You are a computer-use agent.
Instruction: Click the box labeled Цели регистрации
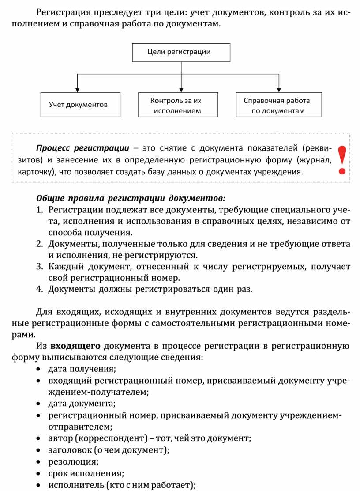click(x=181, y=52)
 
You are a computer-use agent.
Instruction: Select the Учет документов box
click(x=80, y=105)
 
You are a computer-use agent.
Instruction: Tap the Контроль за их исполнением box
click(x=178, y=105)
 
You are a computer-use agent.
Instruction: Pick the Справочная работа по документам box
click(x=279, y=105)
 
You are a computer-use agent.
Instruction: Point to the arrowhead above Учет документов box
click(x=78, y=89)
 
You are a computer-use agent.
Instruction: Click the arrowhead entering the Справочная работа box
click(x=279, y=89)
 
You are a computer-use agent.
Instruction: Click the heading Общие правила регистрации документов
click(x=131, y=197)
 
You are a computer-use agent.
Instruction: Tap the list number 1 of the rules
click(x=39, y=209)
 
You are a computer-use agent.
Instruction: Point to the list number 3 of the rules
click(x=39, y=267)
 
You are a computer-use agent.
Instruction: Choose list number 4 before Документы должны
click(x=39, y=290)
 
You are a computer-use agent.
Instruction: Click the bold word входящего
click(x=75, y=346)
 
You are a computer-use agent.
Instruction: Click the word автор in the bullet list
click(x=60, y=439)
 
